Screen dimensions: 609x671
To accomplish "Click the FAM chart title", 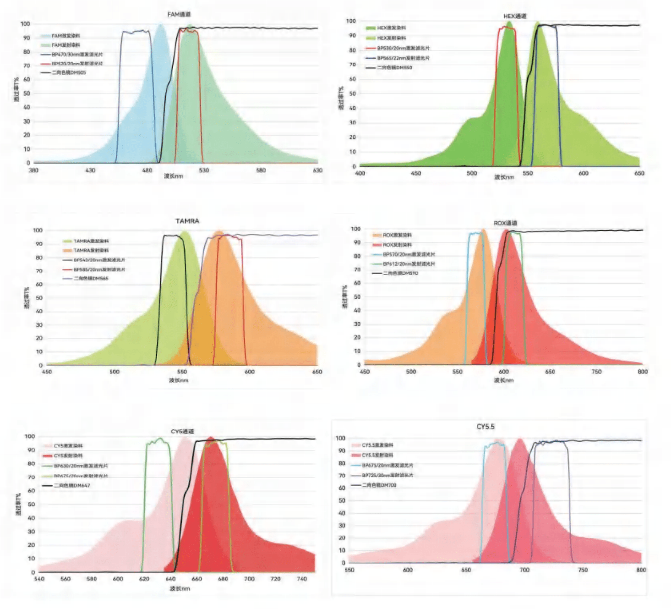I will point(179,15).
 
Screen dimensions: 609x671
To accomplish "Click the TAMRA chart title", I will point(187,221).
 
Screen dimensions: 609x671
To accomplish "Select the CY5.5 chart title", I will point(486,427).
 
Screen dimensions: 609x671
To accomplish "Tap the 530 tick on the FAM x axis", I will point(204,170).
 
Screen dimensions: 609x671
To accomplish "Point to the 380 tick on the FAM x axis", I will point(33,170).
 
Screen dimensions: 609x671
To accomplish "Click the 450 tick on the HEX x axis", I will point(416,173).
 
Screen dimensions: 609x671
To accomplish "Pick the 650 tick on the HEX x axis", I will point(639,173).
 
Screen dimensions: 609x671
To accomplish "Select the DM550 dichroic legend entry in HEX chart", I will point(394,68).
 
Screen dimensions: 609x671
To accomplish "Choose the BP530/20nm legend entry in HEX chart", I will point(403,48).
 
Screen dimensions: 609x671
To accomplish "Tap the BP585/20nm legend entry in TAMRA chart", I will point(99,269).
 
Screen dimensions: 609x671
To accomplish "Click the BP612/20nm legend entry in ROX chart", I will point(409,264).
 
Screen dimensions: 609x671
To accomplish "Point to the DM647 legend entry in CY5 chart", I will point(71,485).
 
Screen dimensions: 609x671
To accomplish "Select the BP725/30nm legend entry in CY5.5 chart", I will point(387,475).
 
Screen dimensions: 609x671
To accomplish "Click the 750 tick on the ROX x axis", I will point(596,372).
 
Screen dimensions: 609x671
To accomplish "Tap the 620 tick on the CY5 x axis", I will point(144,579).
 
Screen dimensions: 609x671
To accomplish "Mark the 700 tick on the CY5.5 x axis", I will point(524,570).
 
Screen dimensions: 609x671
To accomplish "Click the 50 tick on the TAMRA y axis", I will point(39,298).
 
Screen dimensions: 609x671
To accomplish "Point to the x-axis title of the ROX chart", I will point(503,380).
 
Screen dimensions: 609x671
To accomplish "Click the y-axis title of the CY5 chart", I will point(18,504).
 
